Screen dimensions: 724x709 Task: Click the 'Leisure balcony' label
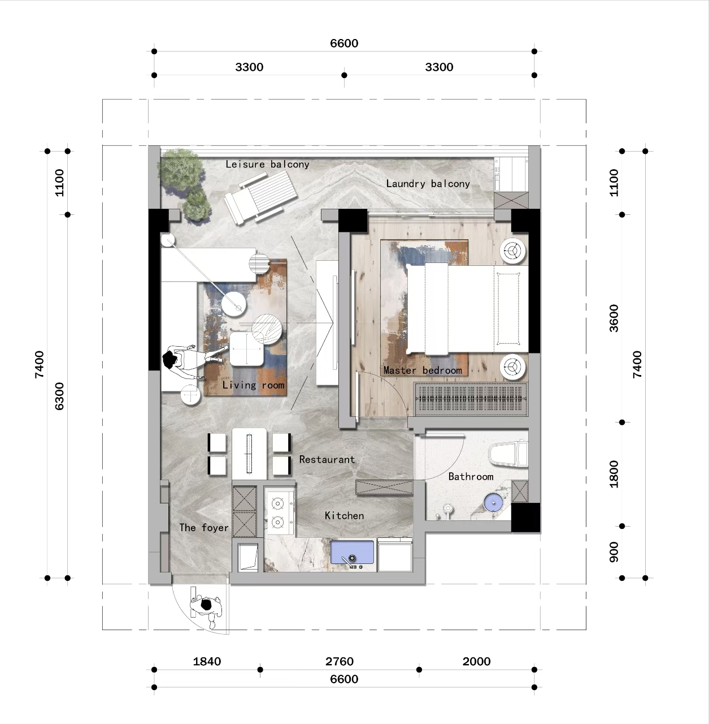tap(267, 165)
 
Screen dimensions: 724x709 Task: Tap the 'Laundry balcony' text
tap(428, 184)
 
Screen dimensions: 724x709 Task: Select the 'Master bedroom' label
tap(423, 370)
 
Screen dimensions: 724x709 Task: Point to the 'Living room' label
tap(253, 385)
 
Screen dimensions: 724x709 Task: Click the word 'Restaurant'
tap(327, 460)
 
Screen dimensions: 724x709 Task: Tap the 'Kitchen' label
tap(344, 516)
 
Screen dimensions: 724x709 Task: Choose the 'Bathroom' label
tap(471, 477)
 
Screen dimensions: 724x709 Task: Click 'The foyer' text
tap(204, 528)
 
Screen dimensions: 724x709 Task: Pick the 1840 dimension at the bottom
tap(207, 661)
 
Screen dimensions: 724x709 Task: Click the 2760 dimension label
tap(340, 661)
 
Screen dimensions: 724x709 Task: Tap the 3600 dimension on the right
tap(614, 318)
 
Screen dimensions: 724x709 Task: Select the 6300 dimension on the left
tap(59, 396)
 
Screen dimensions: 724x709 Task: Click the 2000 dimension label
tap(476, 661)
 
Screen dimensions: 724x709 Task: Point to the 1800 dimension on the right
tap(614, 474)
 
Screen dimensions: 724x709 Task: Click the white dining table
tap(249, 452)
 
